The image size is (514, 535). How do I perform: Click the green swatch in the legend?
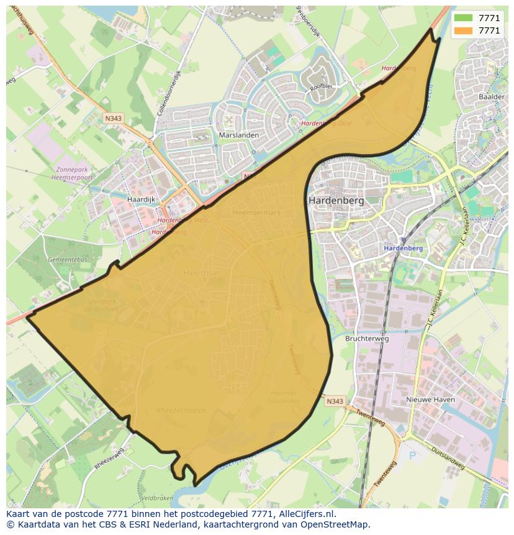[463, 18]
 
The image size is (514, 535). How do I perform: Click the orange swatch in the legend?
[463, 30]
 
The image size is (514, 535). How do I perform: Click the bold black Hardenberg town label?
[336, 201]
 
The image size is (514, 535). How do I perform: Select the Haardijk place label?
[140, 199]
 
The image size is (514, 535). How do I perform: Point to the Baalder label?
[491, 97]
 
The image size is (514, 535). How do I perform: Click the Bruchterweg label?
[366, 339]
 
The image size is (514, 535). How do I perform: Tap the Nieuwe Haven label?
[430, 400]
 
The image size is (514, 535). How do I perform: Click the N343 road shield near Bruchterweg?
[334, 401]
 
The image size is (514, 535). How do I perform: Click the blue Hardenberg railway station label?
[403, 248]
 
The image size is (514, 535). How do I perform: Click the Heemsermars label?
[256, 213]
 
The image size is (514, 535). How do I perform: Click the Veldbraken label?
[156, 498]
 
